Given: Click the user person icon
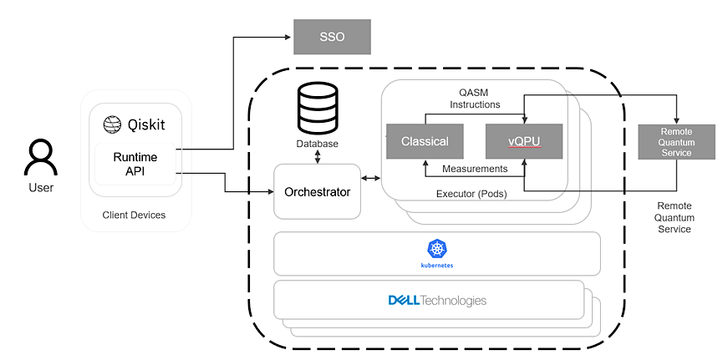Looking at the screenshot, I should click(40, 158).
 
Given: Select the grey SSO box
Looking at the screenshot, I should click(332, 38).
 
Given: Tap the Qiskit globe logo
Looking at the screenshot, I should click(113, 125).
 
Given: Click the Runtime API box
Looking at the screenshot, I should click(135, 164).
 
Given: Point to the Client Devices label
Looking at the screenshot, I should click(134, 215).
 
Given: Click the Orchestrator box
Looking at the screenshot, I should click(317, 192).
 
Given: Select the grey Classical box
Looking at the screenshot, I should click(425, 141).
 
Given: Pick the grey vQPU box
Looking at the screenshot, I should click(523, 141).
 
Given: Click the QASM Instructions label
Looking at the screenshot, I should click(475, 99).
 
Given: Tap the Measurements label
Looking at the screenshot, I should click(475, 169).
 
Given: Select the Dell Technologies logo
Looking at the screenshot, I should click(436, 300).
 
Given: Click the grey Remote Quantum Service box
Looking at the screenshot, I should click(676, 141).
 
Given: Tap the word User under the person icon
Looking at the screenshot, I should click(40, 188).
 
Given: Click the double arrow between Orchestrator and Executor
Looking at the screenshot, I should click(370, 179).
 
